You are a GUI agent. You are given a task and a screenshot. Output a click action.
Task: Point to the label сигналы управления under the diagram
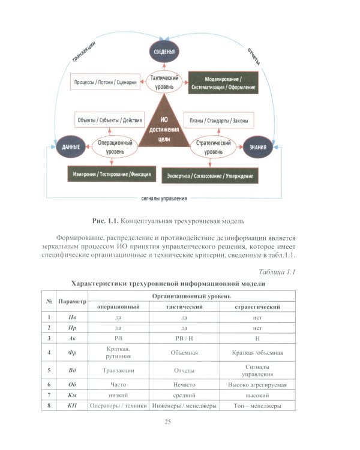tap(164, 199)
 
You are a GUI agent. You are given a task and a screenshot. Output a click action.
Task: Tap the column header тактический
tap(184, 307)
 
